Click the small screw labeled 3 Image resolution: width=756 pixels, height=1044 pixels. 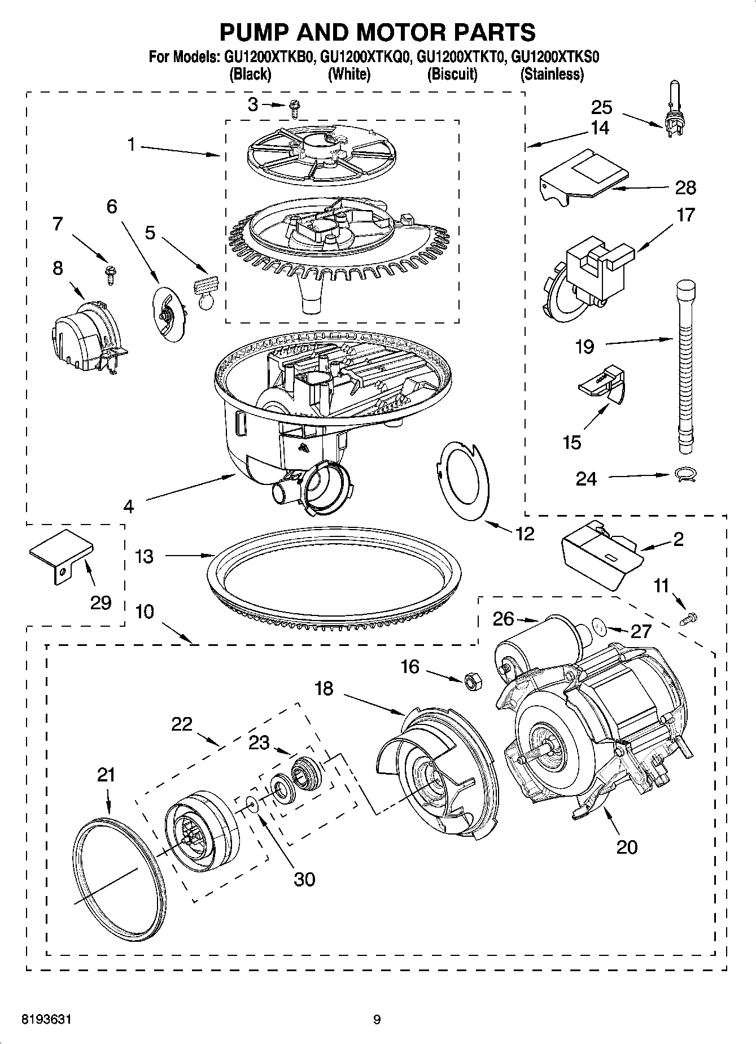294,108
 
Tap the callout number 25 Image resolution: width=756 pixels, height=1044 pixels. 602,107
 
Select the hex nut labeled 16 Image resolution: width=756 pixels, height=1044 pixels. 472,682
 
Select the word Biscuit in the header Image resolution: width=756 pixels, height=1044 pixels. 452,74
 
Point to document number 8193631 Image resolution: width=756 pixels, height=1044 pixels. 46,1020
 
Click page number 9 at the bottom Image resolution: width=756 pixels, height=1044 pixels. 377,1020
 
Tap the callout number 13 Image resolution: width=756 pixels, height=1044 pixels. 145,556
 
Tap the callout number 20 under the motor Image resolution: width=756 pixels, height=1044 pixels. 627,847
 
